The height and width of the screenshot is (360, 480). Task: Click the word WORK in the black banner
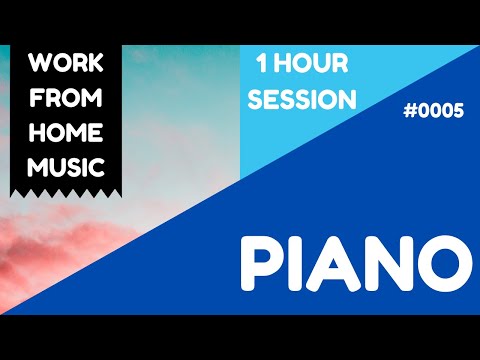coord(66,65)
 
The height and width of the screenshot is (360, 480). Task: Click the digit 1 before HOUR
coord(263,66)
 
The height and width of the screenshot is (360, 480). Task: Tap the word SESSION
coord(303,100)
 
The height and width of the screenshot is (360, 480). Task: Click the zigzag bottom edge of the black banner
coord(66,192)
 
